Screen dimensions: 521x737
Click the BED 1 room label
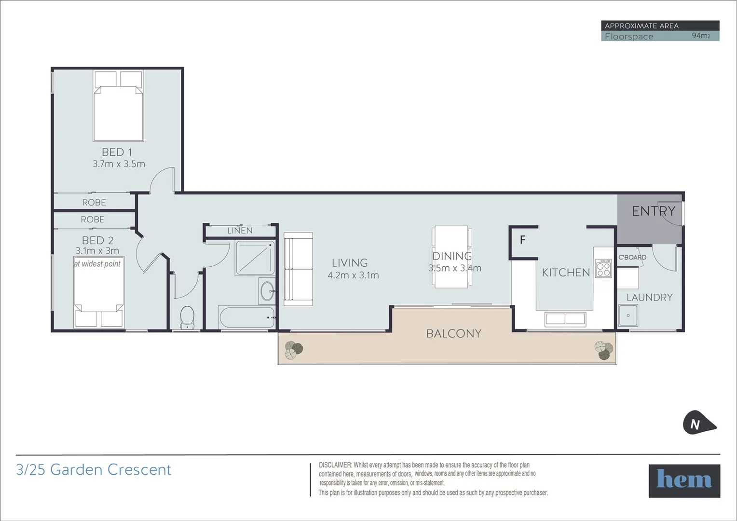point(117,152)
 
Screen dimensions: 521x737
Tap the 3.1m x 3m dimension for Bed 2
point(97,251)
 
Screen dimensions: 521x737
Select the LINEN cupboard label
point(240,231)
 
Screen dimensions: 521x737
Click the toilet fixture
point(186,316)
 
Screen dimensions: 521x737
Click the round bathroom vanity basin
point(266,291)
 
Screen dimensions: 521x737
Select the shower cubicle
point(255,258)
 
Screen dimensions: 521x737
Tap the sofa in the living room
point(299,269)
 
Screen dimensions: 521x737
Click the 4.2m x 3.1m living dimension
point(353,275)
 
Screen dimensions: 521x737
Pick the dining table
point(452,257)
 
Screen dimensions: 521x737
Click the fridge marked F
point(523,240)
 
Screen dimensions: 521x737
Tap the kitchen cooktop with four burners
point(603,268)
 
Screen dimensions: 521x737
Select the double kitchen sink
point(565,319)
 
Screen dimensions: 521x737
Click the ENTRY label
point(653,211)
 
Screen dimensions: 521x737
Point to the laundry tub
point(628,315)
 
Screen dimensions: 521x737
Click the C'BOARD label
point(632,258)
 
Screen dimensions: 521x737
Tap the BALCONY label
point(453,334)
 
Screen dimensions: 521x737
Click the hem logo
point(684,480)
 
